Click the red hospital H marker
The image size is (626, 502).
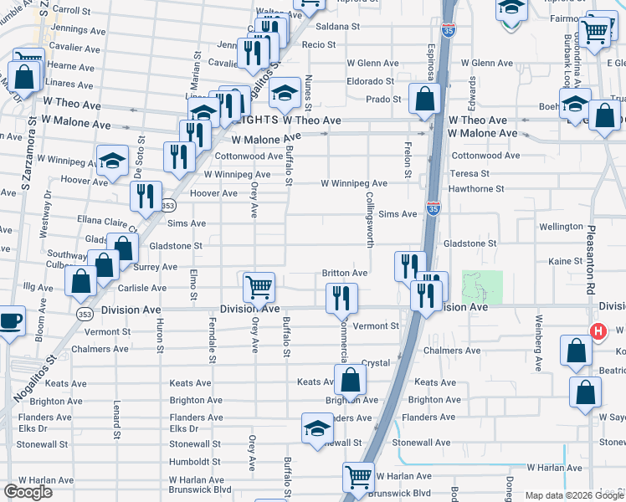pyautogui.click(x=598, y=331)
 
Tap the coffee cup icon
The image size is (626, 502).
pyautogui.click(x=11, y=320)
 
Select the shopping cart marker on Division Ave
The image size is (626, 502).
pyautogui.click(x=259, y=287)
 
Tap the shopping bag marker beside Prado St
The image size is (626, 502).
pyautogui.click(x=425, y=98)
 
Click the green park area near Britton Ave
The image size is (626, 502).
pyautogui.click(x=482, y=286)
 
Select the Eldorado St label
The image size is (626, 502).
pyautogui.click(x=371, y=81)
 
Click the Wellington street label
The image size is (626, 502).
pyautogui.click(x=561, y=227)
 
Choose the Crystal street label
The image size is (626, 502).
pyautogui.click(x=375, y=364)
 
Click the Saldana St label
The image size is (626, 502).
pyautogui.click(x=338, y=27)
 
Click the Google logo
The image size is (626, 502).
pyautogui.click(x=28, y=492)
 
